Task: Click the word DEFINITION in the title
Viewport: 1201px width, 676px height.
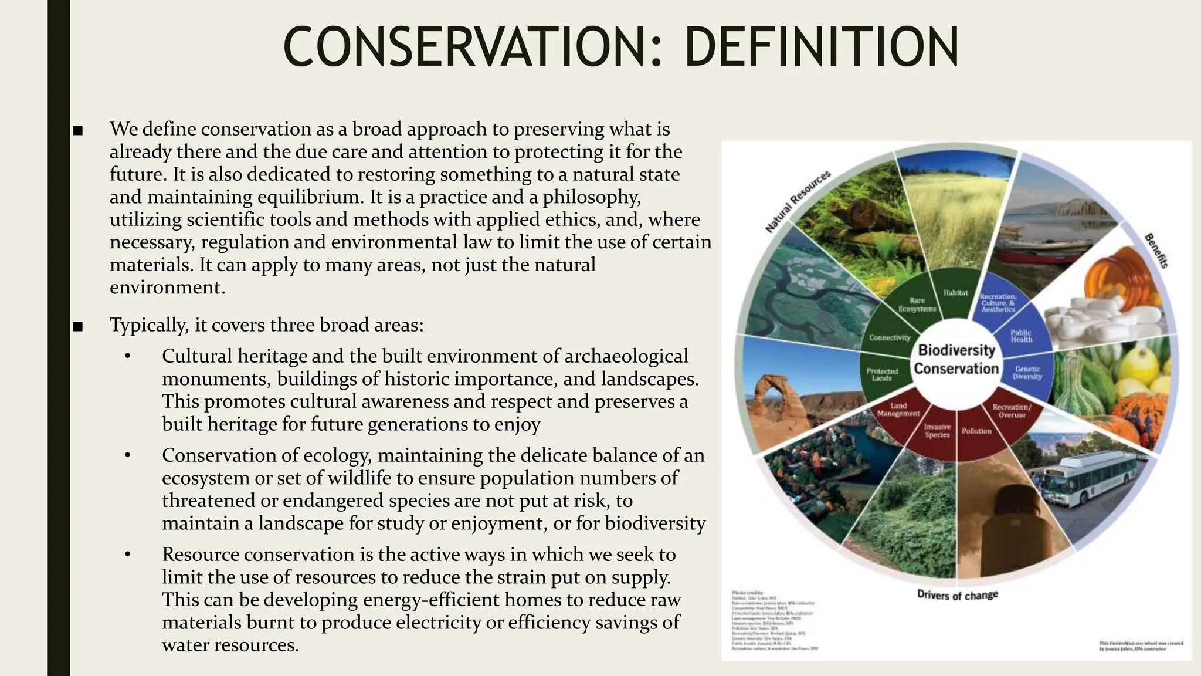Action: tap(821, 47)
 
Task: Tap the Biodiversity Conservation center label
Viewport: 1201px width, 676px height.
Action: tap(956, 359)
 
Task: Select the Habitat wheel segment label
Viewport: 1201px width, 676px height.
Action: tap(955, 292)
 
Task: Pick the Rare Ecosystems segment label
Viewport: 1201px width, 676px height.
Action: tap(917, 304)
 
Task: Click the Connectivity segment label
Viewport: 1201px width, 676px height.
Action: tap(890, 337)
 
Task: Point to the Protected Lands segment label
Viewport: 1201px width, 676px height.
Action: tap(882, 374)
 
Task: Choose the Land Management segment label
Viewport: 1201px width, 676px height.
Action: tap(898, 409)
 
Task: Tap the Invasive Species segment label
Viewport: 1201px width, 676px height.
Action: tap(937, 431)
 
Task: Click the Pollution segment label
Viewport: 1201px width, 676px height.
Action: tap(976, 431)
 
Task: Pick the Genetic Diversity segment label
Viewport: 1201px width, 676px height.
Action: tap(1027, 373)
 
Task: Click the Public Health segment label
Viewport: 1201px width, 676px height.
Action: tap(1021, 336)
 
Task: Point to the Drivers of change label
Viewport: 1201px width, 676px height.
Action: tap(957, 594)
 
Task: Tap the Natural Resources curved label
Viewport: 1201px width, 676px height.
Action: tap(798, 201)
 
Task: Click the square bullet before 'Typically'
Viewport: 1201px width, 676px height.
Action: tap(78, 326)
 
